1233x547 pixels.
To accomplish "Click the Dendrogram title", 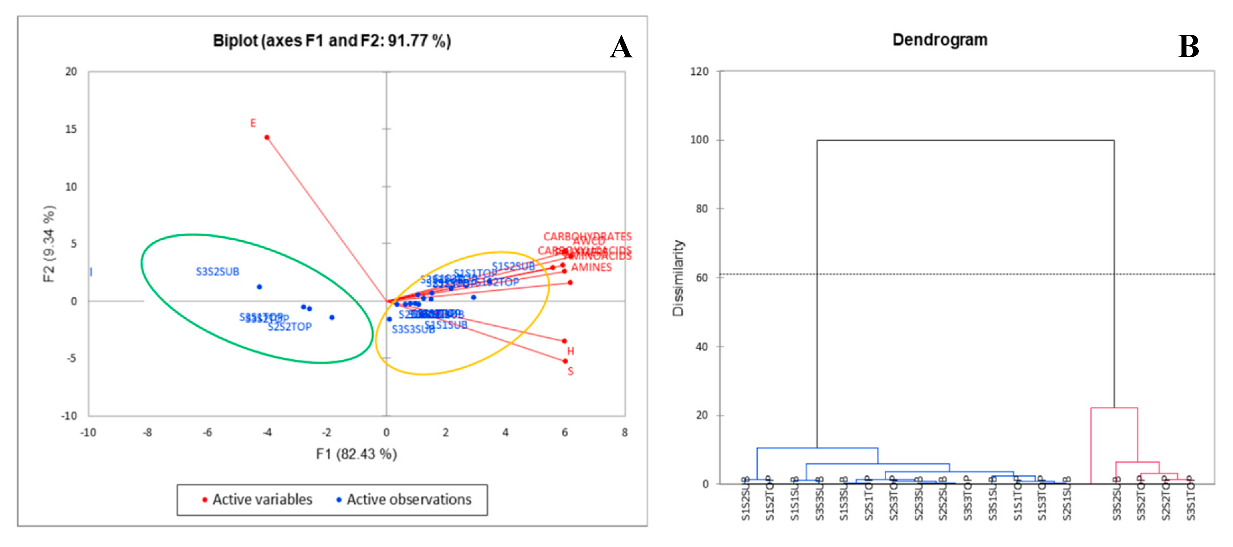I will pos(940,40).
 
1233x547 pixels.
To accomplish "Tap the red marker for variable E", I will pos(267,138).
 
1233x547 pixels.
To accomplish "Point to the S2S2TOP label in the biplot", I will pos(289,327).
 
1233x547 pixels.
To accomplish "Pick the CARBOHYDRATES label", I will pos(587,237).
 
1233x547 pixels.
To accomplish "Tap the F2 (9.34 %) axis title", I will pos(49,244).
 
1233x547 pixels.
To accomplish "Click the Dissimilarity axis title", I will pos(678,278).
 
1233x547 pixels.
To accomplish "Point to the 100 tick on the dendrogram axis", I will pos(699,140).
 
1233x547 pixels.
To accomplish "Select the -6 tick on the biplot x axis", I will pos(207,433).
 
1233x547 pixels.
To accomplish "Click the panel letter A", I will pos(621,47).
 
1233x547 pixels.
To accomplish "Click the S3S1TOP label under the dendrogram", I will pos(1191,499).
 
